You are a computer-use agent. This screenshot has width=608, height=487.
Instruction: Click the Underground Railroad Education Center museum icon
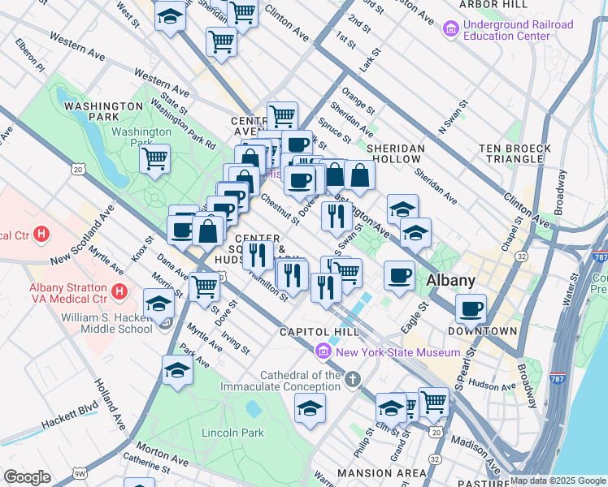[450, 31]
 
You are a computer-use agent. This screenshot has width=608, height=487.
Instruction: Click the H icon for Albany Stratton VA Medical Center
[119, 291]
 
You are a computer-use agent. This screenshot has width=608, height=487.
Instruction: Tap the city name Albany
[451, 280]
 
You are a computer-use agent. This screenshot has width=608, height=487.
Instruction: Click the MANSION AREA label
[381, 473]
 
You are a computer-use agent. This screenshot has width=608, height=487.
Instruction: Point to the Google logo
[26, 477]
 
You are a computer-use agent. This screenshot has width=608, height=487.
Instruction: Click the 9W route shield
[79, 472]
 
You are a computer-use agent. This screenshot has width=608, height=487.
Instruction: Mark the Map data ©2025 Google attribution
[557, 481]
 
